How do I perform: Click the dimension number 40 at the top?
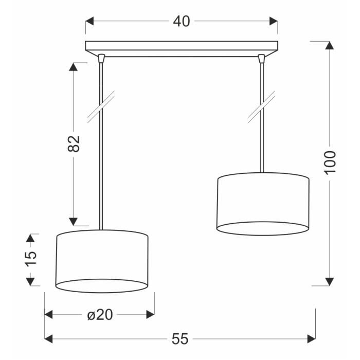click(182, 22)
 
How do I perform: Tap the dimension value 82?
click(74, 143)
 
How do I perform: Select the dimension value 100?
click(330, 163)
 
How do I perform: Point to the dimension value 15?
click(30, 259)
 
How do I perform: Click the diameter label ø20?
click(100, 315)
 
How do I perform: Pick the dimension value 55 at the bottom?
click(180, 339)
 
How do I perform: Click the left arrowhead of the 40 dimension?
click(90, 21)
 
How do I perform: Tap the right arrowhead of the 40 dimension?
click(274, 21)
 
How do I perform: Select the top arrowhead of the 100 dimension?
click(330, 45)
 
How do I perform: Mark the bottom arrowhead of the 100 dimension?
click(330, 281)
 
